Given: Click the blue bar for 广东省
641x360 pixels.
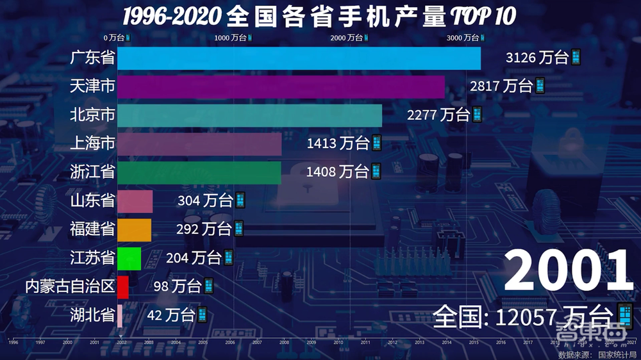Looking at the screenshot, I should pos(299,58).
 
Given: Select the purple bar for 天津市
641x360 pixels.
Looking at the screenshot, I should pos(281,86).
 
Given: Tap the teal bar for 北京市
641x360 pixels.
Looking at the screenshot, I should pos(249,115).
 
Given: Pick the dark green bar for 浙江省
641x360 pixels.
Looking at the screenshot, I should pos(199,172).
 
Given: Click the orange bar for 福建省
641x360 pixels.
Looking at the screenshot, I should pos(135,229).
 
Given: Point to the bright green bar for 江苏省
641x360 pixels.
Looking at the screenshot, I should pos(129,258).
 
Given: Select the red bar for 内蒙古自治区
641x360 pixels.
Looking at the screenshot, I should pos(123,286).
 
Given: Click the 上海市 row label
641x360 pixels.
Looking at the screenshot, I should pos(92,143).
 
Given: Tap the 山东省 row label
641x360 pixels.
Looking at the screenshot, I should pos(92,200).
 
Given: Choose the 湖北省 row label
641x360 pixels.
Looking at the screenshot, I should pos(92,315).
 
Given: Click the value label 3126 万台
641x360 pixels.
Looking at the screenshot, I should pos(537,58).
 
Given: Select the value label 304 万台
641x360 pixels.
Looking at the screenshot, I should pos(206,200).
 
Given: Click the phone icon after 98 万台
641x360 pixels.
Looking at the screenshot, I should pos(208,286).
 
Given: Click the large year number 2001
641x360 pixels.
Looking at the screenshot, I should pos(568,270).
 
